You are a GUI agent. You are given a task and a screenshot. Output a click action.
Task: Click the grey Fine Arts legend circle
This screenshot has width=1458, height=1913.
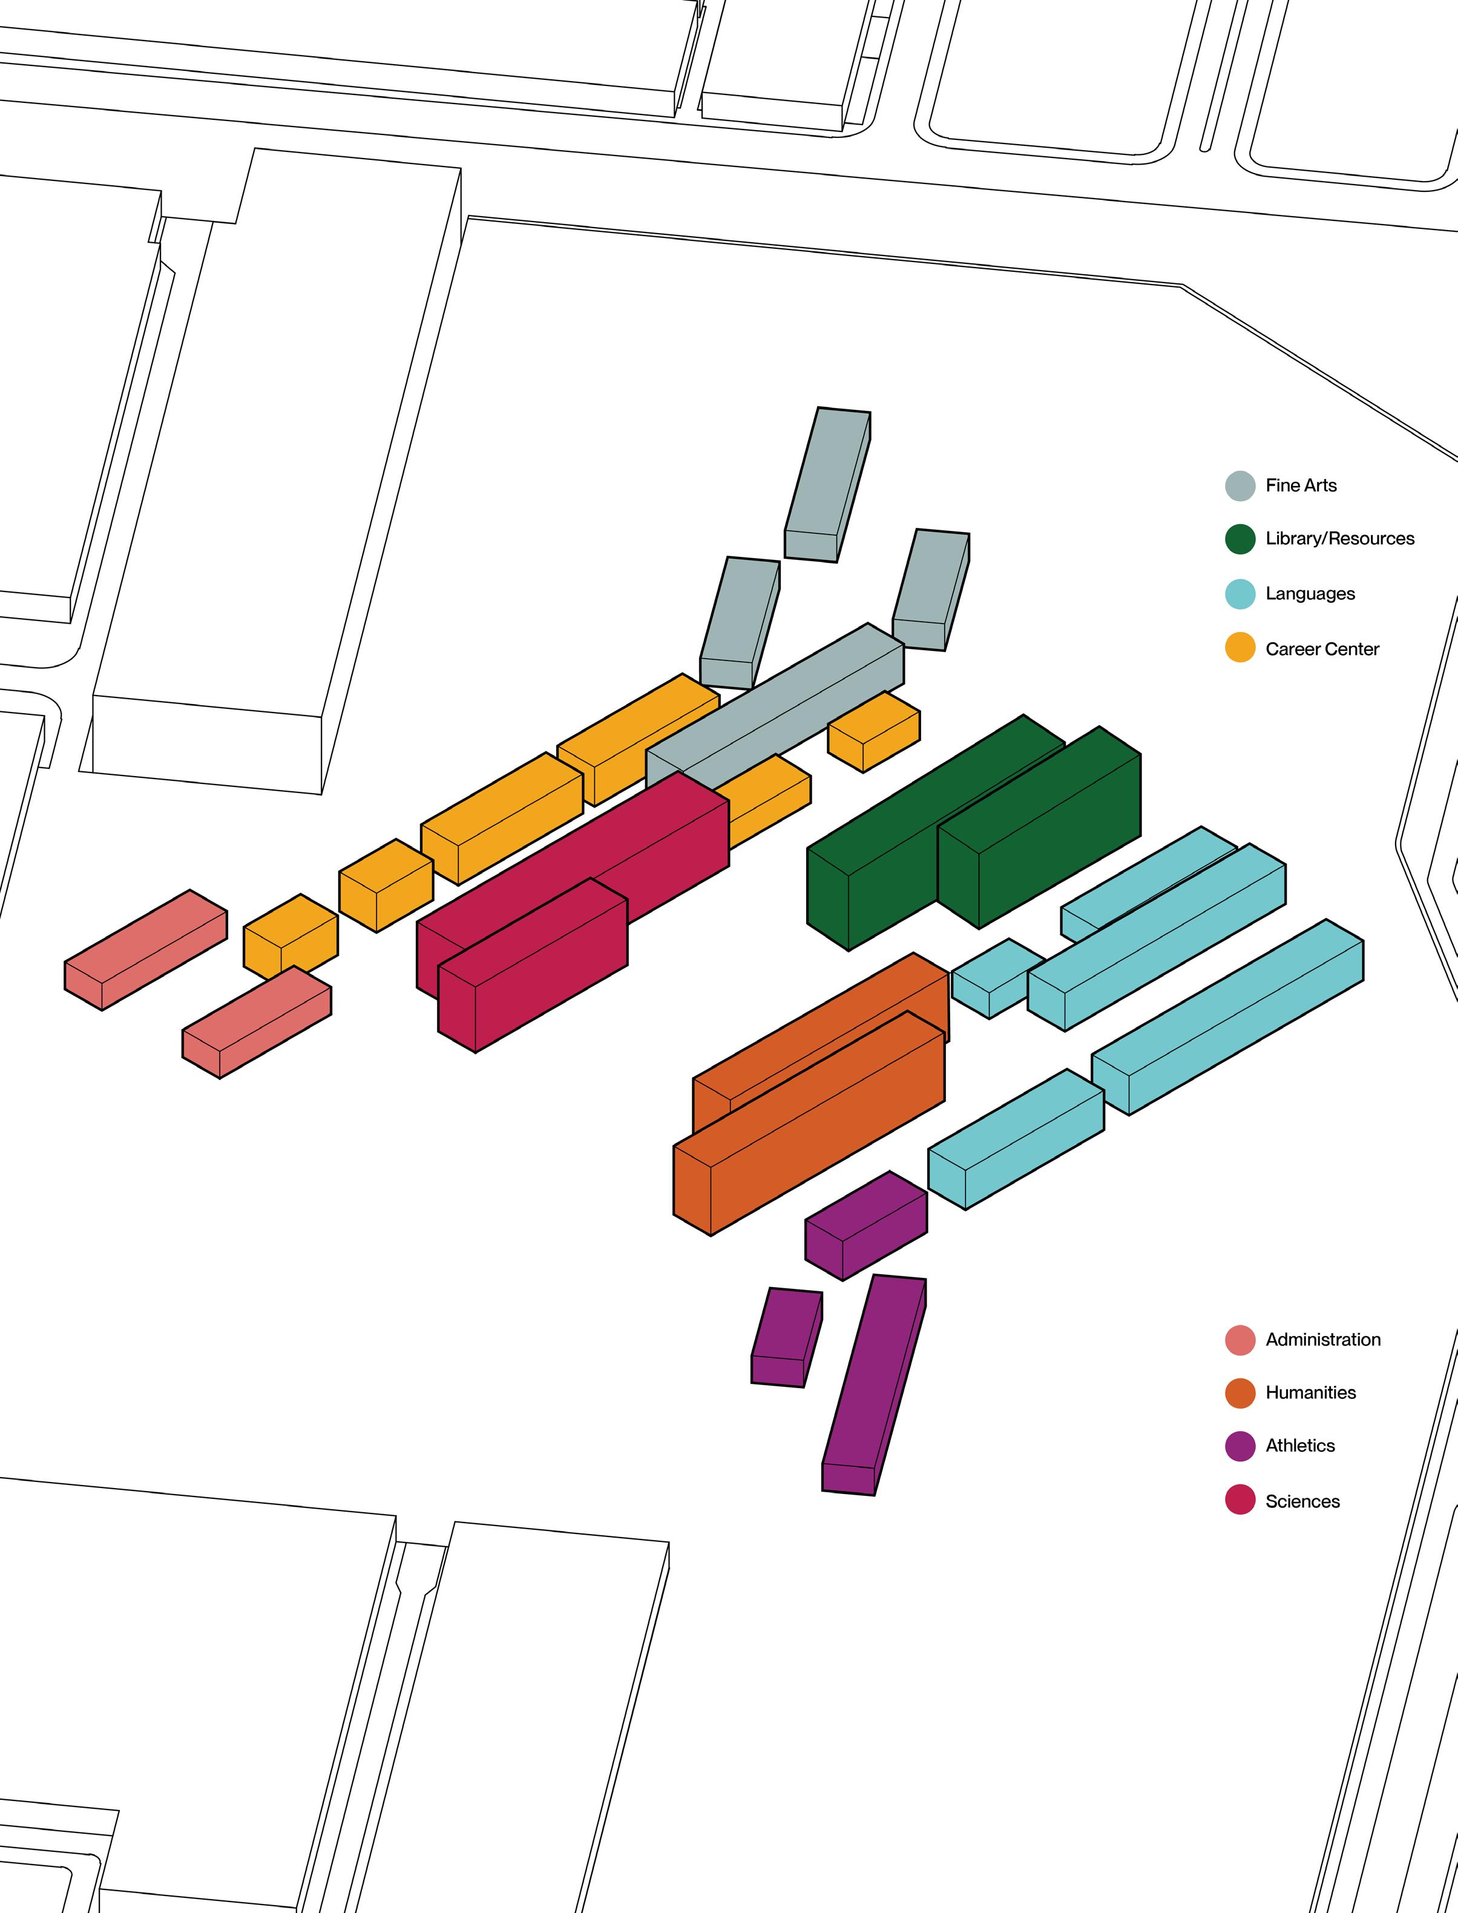1240,486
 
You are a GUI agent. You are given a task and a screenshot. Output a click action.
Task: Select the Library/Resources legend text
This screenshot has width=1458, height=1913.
1339,538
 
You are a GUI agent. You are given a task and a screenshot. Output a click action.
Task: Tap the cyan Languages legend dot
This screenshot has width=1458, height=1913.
1240,594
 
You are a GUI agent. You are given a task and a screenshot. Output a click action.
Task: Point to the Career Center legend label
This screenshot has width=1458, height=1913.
1322,648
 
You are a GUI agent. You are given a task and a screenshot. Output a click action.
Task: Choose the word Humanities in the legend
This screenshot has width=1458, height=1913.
1310,1392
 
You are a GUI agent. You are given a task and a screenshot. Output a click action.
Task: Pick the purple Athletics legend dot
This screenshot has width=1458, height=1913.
1240,1446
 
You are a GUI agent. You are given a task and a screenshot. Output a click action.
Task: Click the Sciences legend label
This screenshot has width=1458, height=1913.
1302,1501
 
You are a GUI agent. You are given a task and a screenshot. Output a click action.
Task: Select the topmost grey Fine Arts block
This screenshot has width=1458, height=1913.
827,484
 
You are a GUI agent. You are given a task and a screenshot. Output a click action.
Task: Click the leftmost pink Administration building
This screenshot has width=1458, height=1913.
146,949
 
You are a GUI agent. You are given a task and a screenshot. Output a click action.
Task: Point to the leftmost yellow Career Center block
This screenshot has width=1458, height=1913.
290,936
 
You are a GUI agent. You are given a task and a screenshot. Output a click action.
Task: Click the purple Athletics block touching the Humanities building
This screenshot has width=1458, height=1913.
866,1225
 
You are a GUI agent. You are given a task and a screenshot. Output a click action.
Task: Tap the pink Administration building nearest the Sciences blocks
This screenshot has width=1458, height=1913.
257,1022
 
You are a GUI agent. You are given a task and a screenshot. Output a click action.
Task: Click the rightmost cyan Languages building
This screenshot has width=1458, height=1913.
1228,1015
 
